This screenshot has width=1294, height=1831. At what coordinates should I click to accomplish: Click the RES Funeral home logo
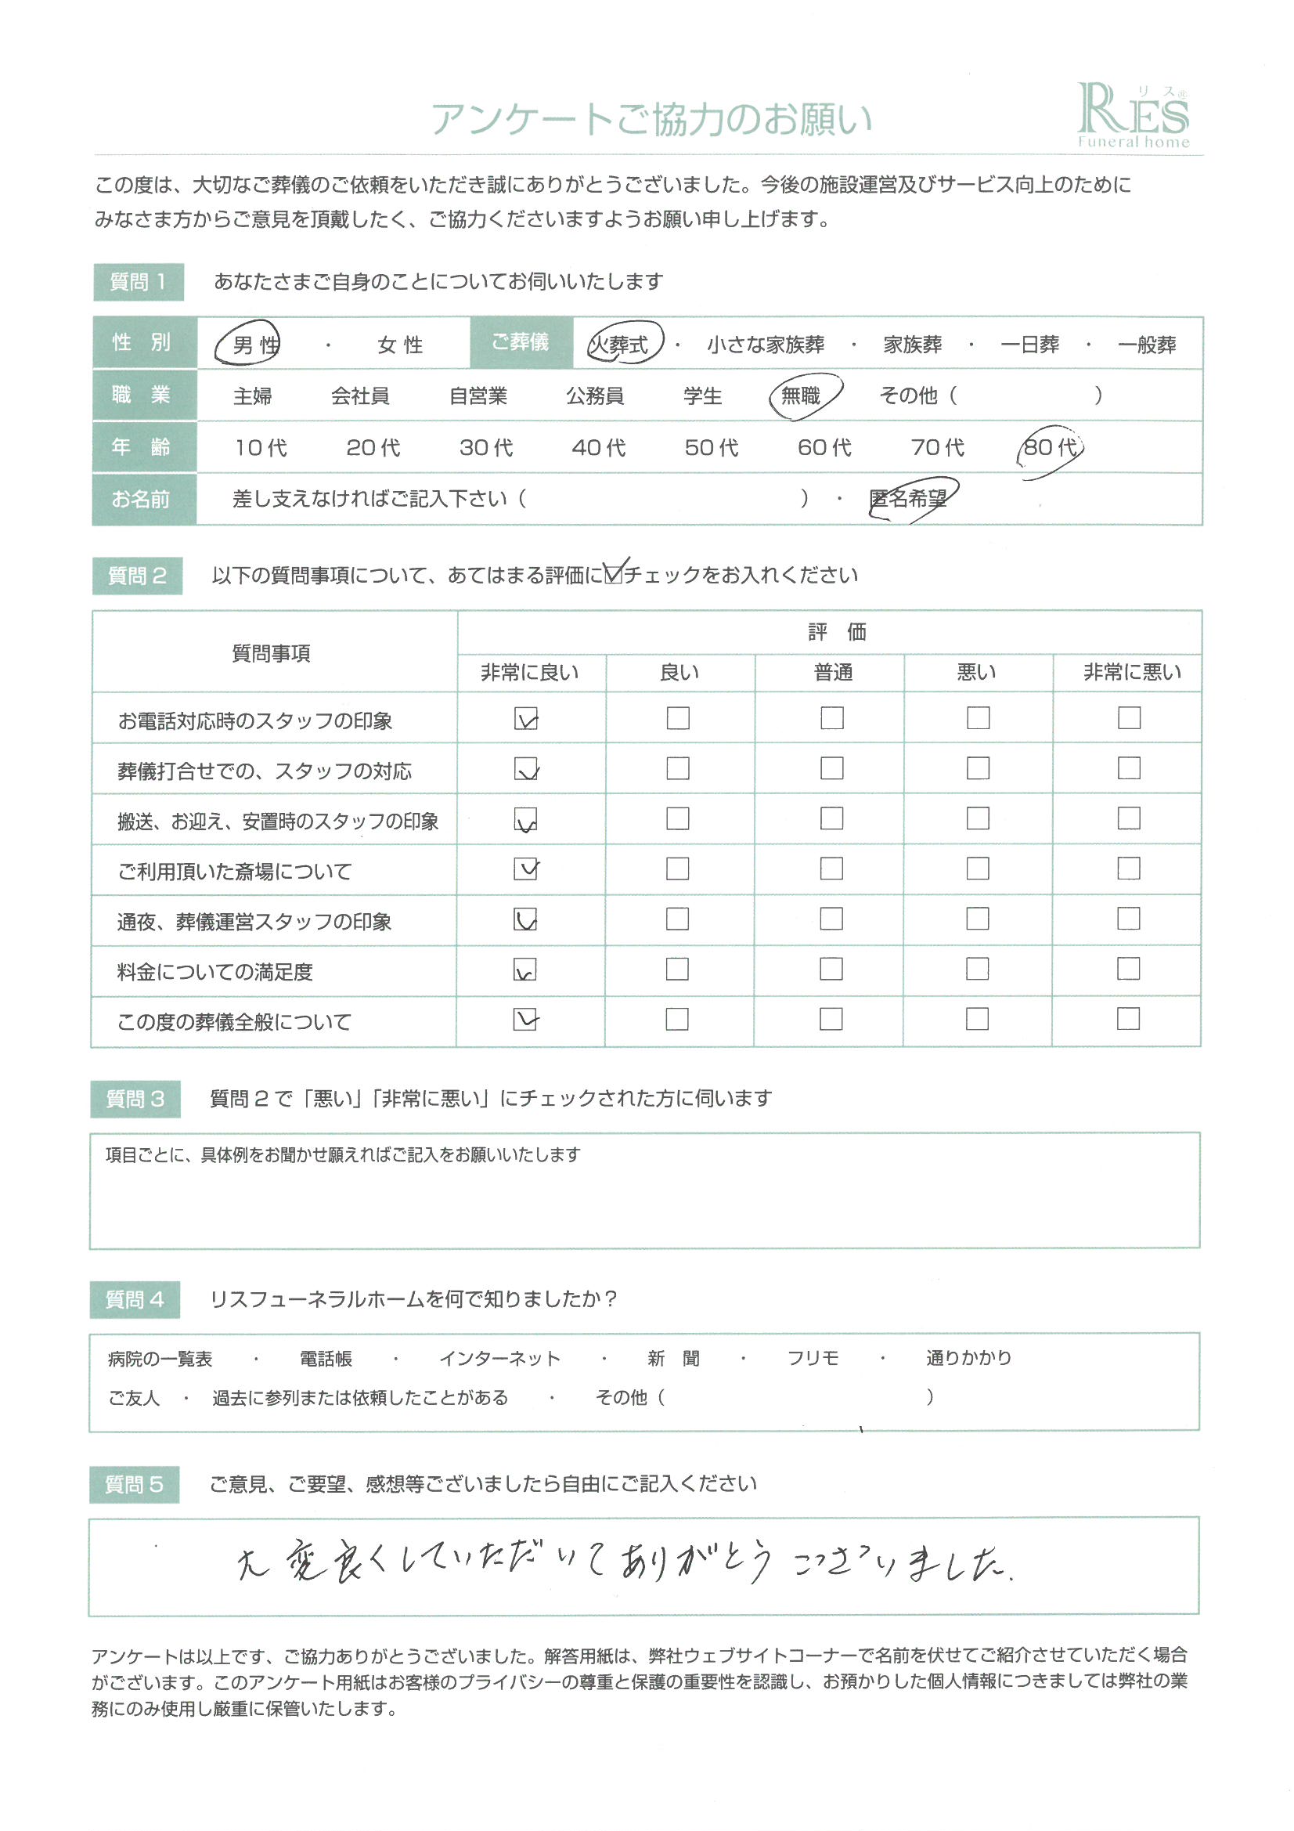click(1133, 116)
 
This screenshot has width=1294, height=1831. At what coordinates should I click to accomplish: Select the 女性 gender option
click(400, 345)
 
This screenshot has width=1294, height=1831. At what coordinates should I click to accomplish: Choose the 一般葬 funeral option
click(1147, 345)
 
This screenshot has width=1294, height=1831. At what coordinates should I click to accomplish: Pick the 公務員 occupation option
click(595, 395)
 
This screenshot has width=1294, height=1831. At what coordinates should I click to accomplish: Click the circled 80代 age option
click(1049, 447)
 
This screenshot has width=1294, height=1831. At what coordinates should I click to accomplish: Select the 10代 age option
click(261, 447)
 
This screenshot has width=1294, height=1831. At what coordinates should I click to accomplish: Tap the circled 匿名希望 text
click(909, 499)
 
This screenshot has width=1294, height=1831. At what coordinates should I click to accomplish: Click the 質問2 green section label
click(137, 576)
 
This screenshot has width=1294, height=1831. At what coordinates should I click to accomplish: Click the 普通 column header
click(832, 672)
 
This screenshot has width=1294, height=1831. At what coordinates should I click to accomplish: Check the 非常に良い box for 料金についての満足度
click(525, 969)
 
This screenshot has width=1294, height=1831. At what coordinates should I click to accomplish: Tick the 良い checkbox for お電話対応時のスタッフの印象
click(678, 717)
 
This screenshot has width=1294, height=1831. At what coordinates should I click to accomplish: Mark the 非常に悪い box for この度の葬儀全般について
click(1128, 1018)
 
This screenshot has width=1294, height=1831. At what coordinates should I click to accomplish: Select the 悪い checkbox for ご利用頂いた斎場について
click(978, 869)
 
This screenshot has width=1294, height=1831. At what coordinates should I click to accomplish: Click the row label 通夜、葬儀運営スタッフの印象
click(254, 922)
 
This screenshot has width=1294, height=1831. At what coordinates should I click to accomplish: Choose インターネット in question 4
click(500, 1358)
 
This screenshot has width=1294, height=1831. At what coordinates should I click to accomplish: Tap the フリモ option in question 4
click(813, 1358)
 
